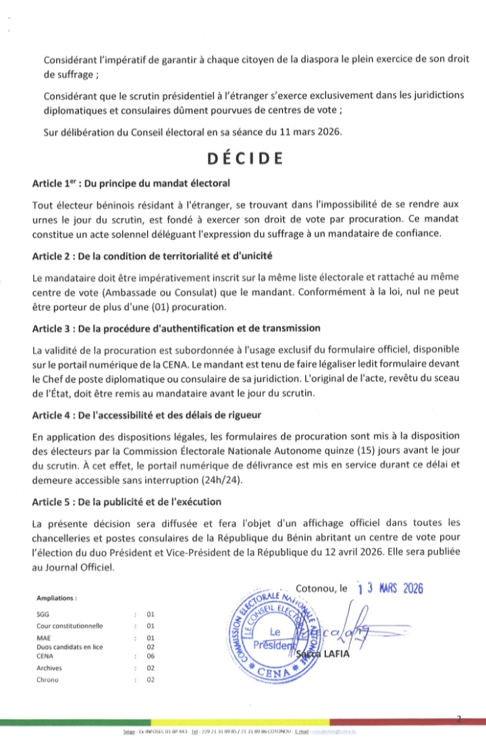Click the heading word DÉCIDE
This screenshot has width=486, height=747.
[244, 159]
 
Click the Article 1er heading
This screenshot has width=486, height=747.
[132, 184]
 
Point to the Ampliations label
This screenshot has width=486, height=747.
[57, 599]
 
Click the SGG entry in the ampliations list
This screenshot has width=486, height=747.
[43, 615]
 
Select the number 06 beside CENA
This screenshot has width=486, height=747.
[151, 655]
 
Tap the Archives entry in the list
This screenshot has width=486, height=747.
[49, 668]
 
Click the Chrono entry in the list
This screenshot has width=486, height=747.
[47, 680]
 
